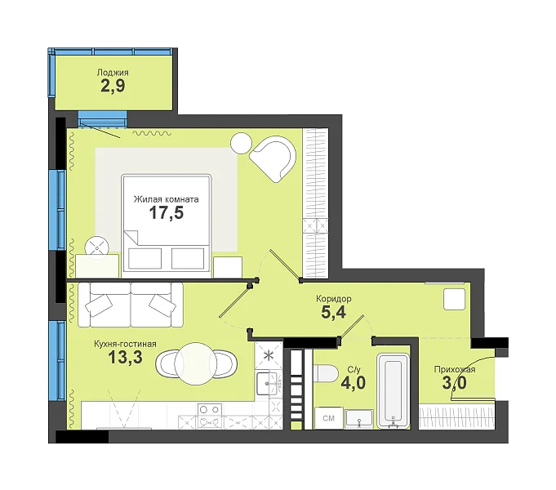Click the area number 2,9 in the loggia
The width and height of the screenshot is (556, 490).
click(113, 86)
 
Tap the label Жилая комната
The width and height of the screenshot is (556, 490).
click(166, 199)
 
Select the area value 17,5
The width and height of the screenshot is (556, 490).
click(167, 213)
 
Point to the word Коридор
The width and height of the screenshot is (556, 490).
click(334, 299)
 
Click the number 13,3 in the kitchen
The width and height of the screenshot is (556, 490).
click(125, 357)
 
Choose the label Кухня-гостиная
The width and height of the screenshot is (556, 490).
click(125, 344)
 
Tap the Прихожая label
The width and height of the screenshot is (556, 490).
click(455, 370)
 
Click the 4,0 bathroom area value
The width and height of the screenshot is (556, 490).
click(354, 383)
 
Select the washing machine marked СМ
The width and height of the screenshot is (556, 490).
click(329, 418)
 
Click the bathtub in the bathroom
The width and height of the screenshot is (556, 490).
click(394, 390)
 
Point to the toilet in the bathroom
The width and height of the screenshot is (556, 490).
click(325, 373)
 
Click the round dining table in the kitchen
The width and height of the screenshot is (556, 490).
click(195, 363)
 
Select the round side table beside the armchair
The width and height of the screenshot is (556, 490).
click(241, 143)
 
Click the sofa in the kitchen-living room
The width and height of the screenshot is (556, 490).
click(131, 305)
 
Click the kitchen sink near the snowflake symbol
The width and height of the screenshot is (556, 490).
click(267, 383)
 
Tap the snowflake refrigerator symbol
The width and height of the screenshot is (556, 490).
click(269, 355)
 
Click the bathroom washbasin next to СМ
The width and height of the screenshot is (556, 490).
click(359, 419)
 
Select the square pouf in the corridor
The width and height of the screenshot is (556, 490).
click(454, 299)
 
